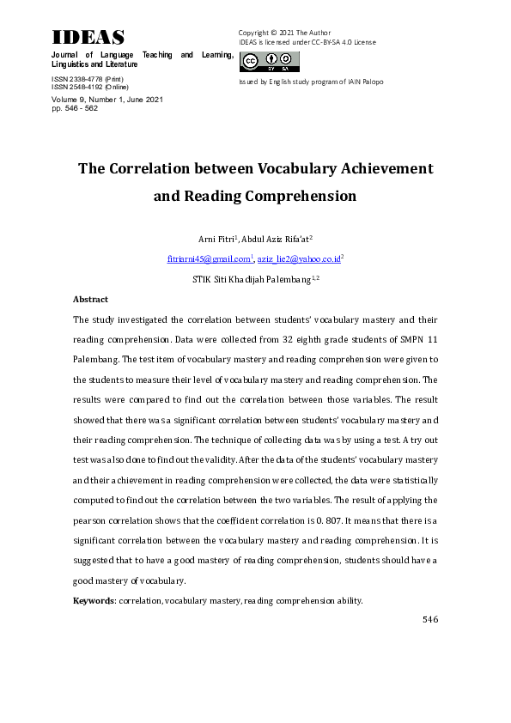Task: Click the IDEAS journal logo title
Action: click(88, 38)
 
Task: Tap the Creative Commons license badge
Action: click(269, 61)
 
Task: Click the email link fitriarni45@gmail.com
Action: click(209, 258)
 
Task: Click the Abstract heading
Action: click(90, 300)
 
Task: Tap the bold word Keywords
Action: click(94, 601)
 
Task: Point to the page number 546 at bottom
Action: click(430, 618)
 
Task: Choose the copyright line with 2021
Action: click(284, 33)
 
